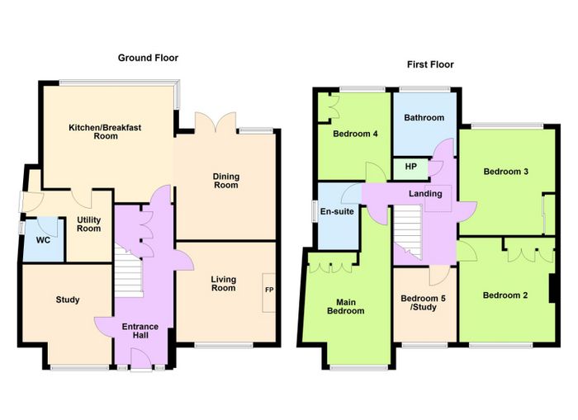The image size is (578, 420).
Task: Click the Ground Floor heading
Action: click(x=148, y=58)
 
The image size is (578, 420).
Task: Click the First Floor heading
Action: click(x=430, y=65)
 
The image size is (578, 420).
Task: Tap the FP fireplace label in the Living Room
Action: click(x=269, y=290)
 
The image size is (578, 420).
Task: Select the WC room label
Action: click(x=43, y=241)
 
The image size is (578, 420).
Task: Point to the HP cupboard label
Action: click(x=411, y=167)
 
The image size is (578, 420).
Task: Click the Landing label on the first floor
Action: click(x=425, y=194)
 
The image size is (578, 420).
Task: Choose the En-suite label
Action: click(x=337, y=211)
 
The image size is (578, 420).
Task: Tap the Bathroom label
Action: click(x=424, y=118)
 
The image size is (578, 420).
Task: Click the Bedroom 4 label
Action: click(x=355, y=134)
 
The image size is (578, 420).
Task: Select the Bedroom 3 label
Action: click(x=505, y=172)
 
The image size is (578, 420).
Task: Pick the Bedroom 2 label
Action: click(x=505, y=295)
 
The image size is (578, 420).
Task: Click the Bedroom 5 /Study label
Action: click(x=423, y=303)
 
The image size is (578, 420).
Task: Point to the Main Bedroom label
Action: click(x=346, y=306)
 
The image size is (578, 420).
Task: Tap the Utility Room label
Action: click(x=89, y=224)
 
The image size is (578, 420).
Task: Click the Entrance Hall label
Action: click(x=140, y=331)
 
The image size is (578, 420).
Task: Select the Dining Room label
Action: click(x=226, y=181)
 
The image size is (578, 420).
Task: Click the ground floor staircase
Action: click(x=128, y=271)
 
